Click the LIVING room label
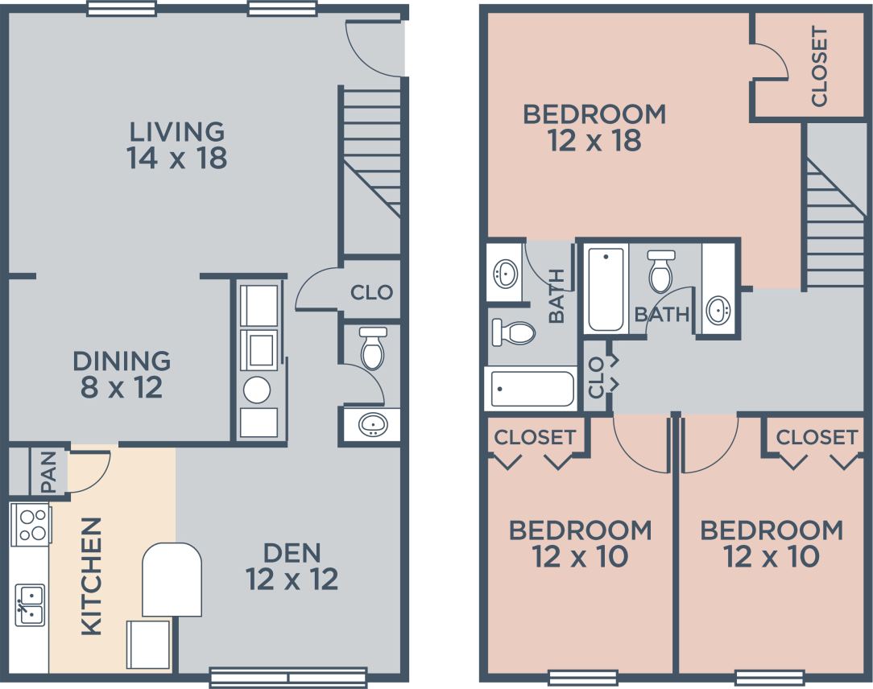point(177,130)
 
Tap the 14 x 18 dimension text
point(177,158)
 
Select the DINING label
point(122,360)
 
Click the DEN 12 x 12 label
point(292,566)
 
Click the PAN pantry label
point(48,471)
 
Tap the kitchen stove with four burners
point(31,524)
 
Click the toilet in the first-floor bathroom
point(373,348)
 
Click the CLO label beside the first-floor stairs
point(371,292)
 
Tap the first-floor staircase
point(371,153)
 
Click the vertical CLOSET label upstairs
point(819,67)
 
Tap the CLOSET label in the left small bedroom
point(535,437)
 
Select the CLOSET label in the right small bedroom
point(817,437)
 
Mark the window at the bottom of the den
point(288,677)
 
